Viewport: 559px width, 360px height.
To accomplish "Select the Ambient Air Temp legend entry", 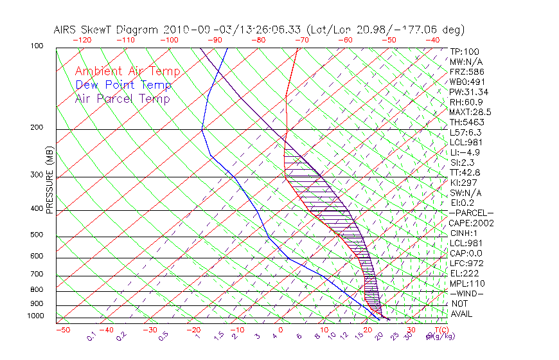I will click(127, 71).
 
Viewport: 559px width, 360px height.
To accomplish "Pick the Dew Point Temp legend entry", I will click(123, 85).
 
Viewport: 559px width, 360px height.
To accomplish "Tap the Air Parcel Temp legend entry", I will click(122, 98).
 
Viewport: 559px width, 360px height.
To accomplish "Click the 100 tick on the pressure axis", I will click(37, 46).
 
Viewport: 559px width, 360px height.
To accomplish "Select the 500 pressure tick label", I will click(37, 235).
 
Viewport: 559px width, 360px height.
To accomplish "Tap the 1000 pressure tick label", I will click(35, 316).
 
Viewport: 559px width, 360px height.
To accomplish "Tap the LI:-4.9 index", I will click(465, 152).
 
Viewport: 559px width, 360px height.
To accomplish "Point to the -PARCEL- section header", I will click(471, 212).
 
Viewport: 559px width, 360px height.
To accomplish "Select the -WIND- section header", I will click(467, 293).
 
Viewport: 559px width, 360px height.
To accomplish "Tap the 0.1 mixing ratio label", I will click(91, 336).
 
